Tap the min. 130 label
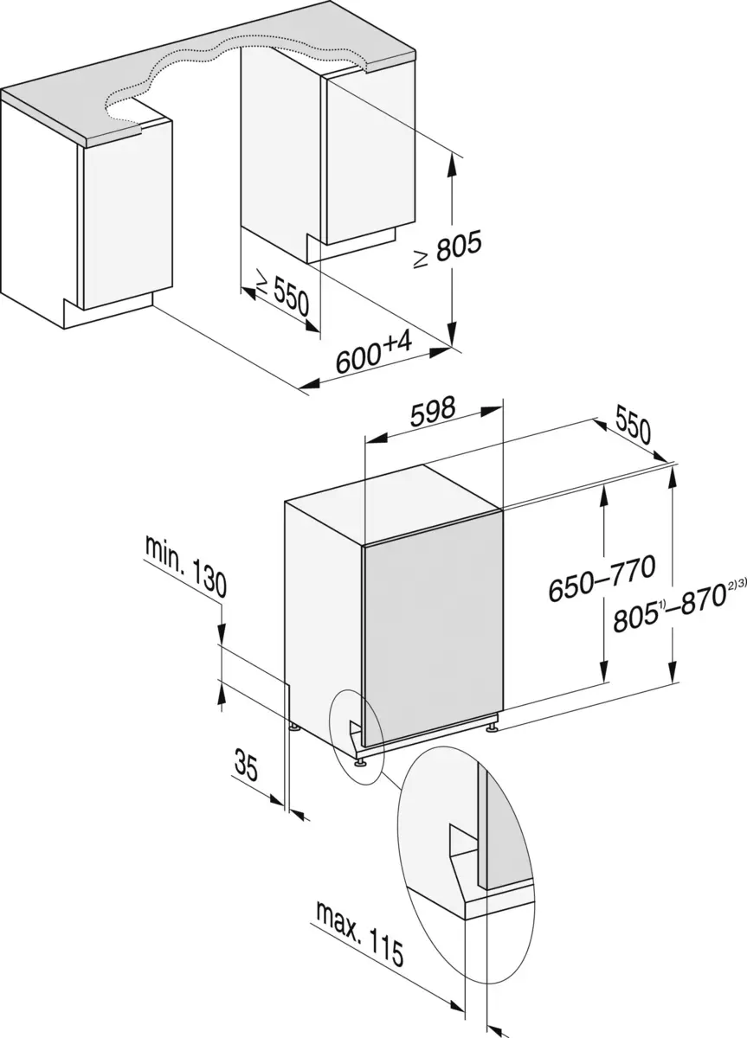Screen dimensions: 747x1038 [186, 567]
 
